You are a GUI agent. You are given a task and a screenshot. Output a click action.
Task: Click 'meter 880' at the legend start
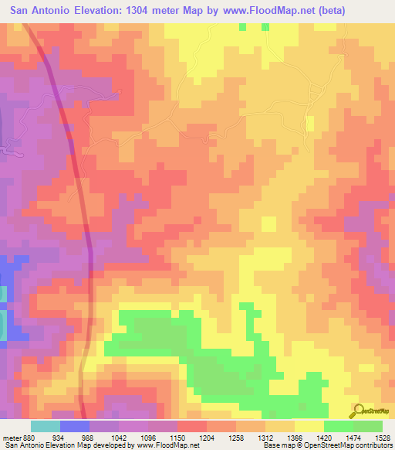tap(14, 437)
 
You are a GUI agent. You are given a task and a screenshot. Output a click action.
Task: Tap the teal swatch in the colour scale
tap(45, 426)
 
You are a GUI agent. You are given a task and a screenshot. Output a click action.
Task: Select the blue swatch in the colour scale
tap(74, 426)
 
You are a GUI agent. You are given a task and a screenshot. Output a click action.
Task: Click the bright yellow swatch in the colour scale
tap(309, 426)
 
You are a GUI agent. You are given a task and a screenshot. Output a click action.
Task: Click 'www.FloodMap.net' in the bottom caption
tap(163, 445)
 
